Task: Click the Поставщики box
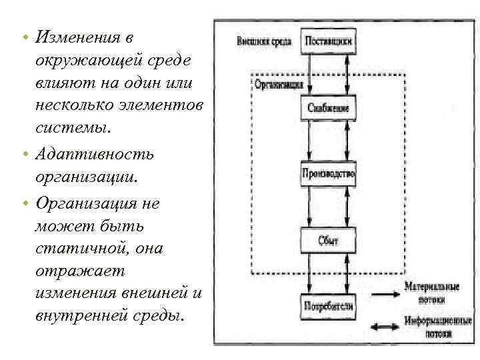[328, 41]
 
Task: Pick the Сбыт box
[328, 240]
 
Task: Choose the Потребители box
[328, 307]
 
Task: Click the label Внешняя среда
[263, 41]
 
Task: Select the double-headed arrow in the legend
[385, 326]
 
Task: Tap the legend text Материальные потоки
[431, 292]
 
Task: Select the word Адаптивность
[95, 154]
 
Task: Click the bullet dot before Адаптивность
[24, 155]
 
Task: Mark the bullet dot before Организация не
[24, 203]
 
